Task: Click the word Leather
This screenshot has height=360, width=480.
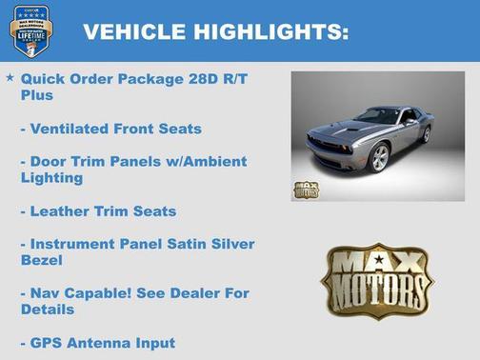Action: click(60, 210)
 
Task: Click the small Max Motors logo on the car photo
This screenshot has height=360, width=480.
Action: click(306, 189)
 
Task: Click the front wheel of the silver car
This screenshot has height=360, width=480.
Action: click(380, 157)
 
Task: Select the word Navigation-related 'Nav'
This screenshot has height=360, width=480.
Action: click(49, 293)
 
